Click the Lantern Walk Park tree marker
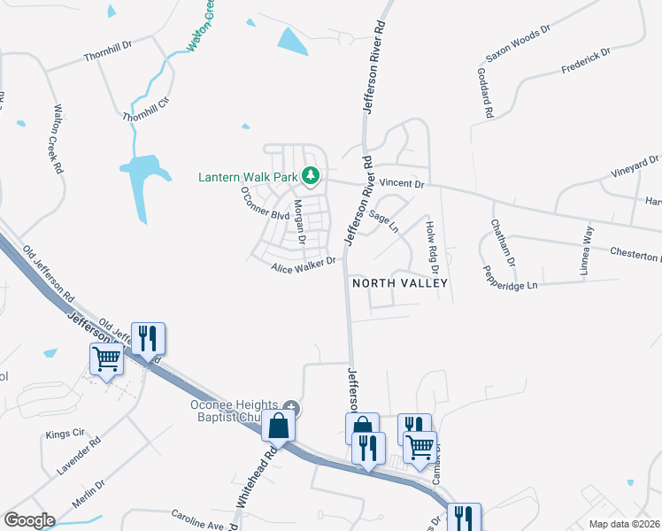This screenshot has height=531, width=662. tap(310, 177)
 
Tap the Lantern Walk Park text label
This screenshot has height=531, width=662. tap(247, 177)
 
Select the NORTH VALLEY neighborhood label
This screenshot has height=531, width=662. tap(400, 283)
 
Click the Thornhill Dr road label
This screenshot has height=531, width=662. tap(108, 55)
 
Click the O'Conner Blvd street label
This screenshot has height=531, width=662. tap(265, 204)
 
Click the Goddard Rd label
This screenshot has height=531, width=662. tap(485, 93)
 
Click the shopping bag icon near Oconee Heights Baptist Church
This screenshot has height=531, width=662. tap(279, 425)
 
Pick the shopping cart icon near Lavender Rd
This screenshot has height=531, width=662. tap(106, 359)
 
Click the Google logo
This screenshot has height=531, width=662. tap(29, 520)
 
